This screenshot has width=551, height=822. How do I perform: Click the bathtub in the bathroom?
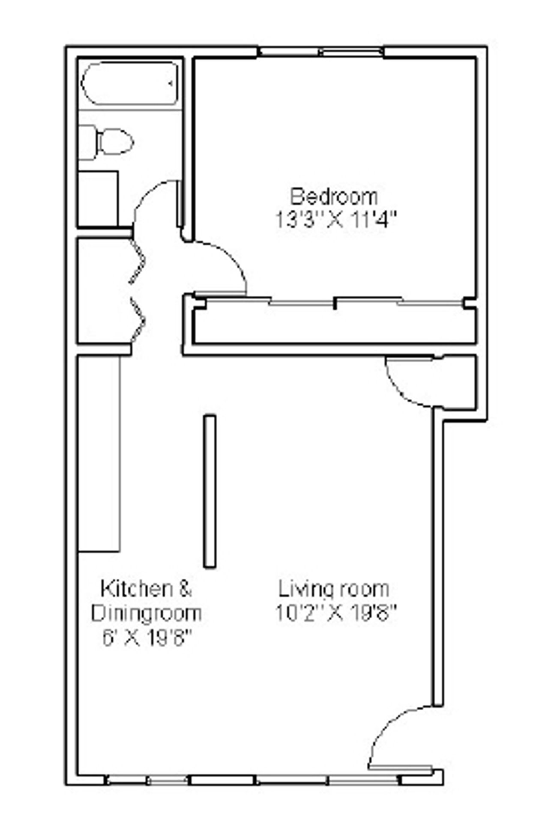pos(130,83)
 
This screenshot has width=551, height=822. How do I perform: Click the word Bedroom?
pos(334,197)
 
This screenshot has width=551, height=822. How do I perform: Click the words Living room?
pos(334,589)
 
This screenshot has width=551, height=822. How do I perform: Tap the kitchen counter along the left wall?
pos(99,454)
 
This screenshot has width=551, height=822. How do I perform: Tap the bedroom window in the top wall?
pos(321,52)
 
